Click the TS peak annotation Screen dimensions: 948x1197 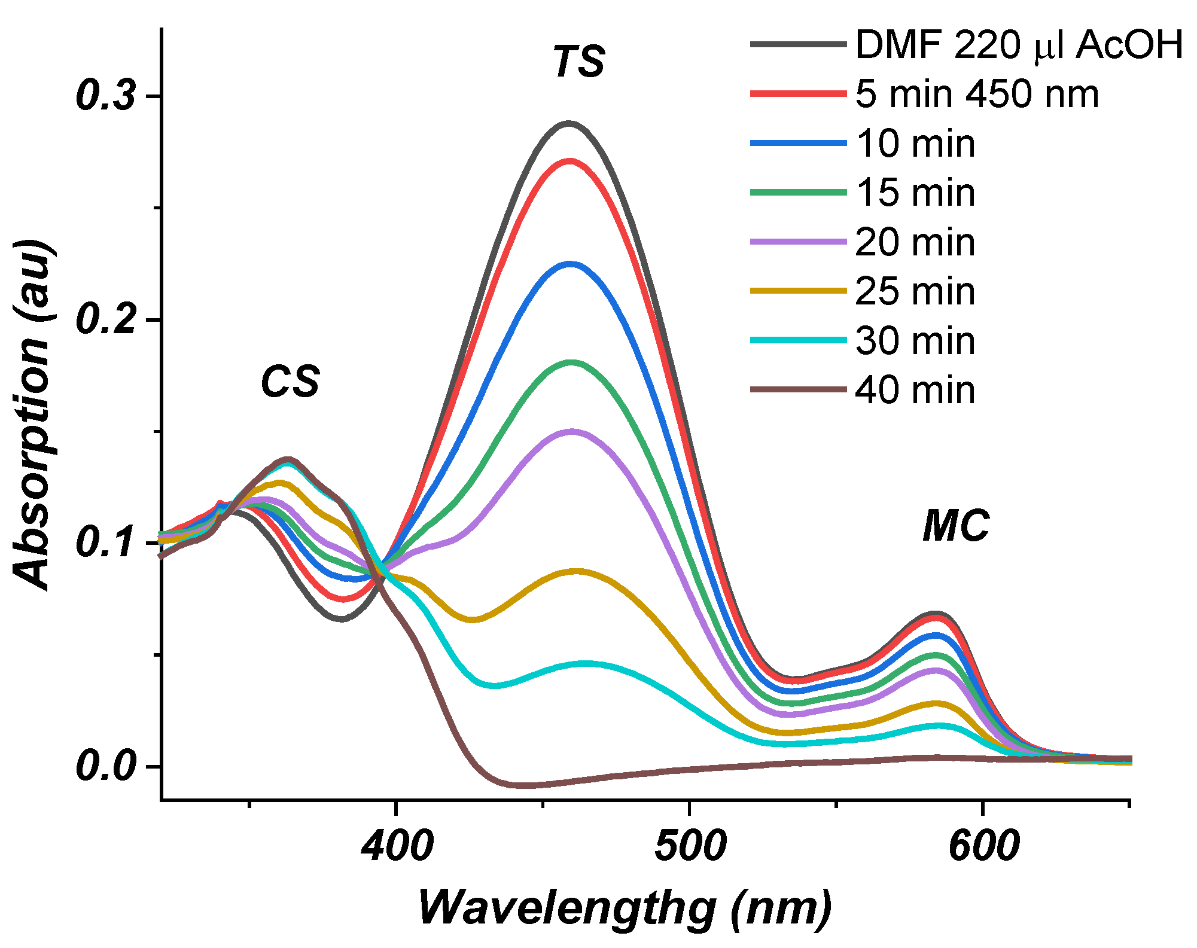pyautogui.click(x=578, y=61)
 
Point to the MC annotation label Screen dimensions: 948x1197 pyautogui.click(x=956, y=526)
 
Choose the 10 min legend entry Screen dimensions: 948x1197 pyautogui.click(x=915, y=144)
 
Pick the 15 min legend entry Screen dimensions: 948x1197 pyautogui.click(x=915, y=193)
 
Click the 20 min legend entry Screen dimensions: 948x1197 pyautogui.click(x=915, y=242)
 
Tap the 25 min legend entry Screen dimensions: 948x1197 pyautogui.click(x=915, y=291)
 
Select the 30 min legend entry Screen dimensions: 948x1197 pyautogui.click(x=915, y=341)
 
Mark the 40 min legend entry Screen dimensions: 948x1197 pyautogui.click(x=915, y=390)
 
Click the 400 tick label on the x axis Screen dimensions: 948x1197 pyautogui.click(x=397, y=846)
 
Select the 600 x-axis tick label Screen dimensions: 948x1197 pyautogui.click(x=983, y=846)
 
